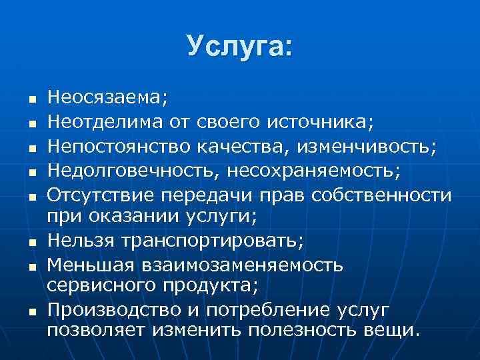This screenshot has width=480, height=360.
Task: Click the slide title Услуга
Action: (239, 46)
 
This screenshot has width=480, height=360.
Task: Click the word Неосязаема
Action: (107, 98)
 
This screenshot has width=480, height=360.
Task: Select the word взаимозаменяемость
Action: (241, 265)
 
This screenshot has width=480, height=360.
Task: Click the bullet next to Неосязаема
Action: (31, 99)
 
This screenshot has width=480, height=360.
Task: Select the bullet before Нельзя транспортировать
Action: (31, 241)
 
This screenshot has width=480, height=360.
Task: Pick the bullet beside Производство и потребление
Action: (31, 311)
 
